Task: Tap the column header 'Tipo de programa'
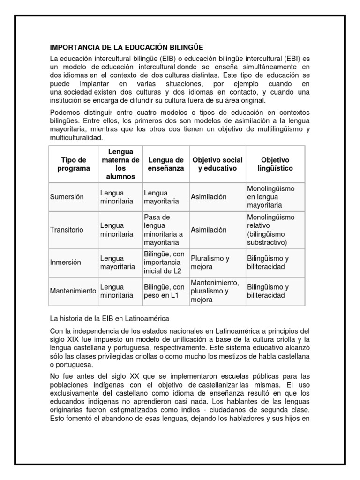(x=73, y=164)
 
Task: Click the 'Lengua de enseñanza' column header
(x=165, y=164)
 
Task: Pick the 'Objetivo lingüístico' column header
(x=275, y=164)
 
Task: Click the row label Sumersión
(x=67, y=197)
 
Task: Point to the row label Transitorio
(x=67, y=230)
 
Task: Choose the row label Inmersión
(x=66, y=262)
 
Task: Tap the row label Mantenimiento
(x=73, y=291)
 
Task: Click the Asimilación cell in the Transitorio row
(x=209, y=230)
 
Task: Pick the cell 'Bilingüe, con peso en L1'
(x=164, y=291)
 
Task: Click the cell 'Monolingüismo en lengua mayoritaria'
(x=270, y=197)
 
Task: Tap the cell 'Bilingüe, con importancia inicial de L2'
(x=165, y=262)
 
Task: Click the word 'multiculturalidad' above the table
(x=75, y=138)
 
